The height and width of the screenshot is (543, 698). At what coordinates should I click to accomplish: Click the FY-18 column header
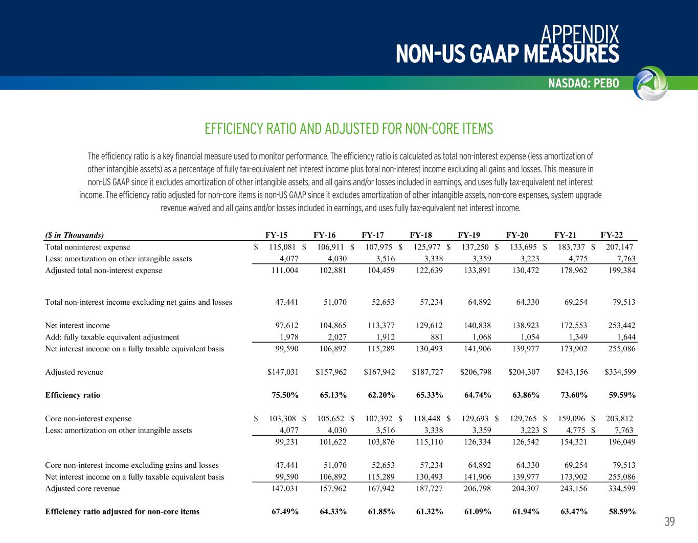421,235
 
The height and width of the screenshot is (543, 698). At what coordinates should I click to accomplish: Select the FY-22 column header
612,235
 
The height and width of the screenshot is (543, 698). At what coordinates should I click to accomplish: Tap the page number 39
670,522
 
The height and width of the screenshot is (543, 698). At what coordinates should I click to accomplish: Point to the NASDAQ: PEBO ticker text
583,83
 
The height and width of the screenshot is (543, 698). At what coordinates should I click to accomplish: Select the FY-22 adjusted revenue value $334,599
620,372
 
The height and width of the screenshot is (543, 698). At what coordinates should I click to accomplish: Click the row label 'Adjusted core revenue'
82,489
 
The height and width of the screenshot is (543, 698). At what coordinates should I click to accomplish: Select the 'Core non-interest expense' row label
88,419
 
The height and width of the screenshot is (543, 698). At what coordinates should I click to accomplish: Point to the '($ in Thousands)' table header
75,235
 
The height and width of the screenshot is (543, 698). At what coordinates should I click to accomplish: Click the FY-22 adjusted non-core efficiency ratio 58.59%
621,511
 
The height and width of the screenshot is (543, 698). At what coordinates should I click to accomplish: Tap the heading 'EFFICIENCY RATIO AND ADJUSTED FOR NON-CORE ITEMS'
349,129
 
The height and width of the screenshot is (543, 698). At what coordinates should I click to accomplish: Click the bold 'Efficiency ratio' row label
73,395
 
